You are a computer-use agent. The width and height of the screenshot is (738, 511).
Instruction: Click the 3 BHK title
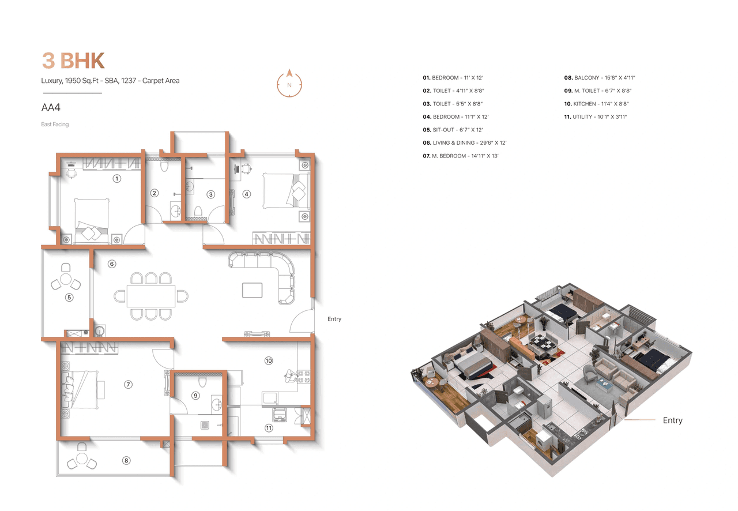[x=73, y=61]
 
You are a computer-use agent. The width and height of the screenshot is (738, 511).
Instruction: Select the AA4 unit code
[x=51, y=107]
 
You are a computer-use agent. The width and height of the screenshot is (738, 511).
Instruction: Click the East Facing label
[x=55, y=124]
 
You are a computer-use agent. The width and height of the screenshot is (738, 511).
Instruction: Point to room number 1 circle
[x=117, y=178]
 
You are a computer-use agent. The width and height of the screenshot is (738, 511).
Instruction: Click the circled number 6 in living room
[x=112, y=264]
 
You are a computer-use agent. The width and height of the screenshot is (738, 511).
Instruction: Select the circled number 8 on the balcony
[x=126, y=460]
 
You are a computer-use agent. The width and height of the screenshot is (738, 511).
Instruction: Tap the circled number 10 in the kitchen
[x=268, y=360]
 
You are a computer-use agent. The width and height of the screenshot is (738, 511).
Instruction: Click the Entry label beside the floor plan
[x=334, y=319]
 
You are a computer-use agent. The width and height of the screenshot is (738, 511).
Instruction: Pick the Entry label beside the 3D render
[x=672, y=420]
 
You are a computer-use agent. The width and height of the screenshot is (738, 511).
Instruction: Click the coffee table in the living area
[x=253, y=290]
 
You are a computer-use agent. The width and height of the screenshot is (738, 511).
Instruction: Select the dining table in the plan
[x=151, y=296]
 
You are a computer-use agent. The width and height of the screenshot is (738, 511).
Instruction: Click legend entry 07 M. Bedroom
[x=461, y=156]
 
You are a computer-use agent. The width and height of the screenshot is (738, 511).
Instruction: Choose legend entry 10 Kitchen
[x=596, y=104]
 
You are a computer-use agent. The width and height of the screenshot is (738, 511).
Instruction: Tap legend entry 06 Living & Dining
[x=465, y=142]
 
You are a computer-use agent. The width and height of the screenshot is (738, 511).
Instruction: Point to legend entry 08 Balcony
[x=599, y=77]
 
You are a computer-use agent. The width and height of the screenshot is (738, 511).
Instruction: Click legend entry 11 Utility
[x=595, y=117]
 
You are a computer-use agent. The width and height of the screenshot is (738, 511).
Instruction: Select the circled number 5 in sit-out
[x=69, y=298]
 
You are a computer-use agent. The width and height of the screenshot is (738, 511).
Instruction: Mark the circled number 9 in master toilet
[x=195, y=395]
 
